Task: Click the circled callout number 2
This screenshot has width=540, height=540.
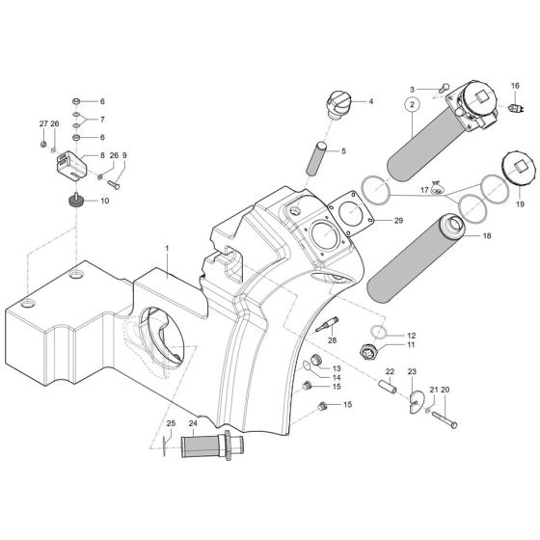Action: [x=412, y=104]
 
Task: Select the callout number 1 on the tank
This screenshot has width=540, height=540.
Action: [x=166, y=249]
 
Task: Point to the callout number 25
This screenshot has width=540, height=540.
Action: [x=171, y=421]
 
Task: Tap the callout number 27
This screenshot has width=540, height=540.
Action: [x=42, y=123]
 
